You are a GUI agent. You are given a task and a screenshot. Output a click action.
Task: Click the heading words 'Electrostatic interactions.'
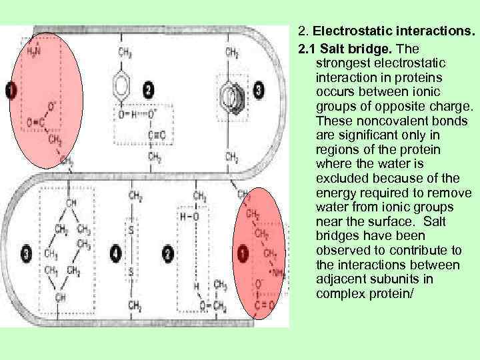[x=393, y=31]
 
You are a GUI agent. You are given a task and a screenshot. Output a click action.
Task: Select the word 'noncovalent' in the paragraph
[x=373, y=121]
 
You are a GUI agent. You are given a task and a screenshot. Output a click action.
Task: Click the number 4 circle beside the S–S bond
[x=115, y=253]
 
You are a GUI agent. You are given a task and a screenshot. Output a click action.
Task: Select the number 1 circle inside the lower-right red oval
[x=241, y=253]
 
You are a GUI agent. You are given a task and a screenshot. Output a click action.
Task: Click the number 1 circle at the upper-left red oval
[x=11, y=90]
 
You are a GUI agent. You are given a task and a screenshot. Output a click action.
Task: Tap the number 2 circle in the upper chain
[x=147, y=89]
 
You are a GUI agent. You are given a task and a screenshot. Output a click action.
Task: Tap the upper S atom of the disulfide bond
[x=132, y=229]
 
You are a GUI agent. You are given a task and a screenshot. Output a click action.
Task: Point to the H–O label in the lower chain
[x=188, y=217]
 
